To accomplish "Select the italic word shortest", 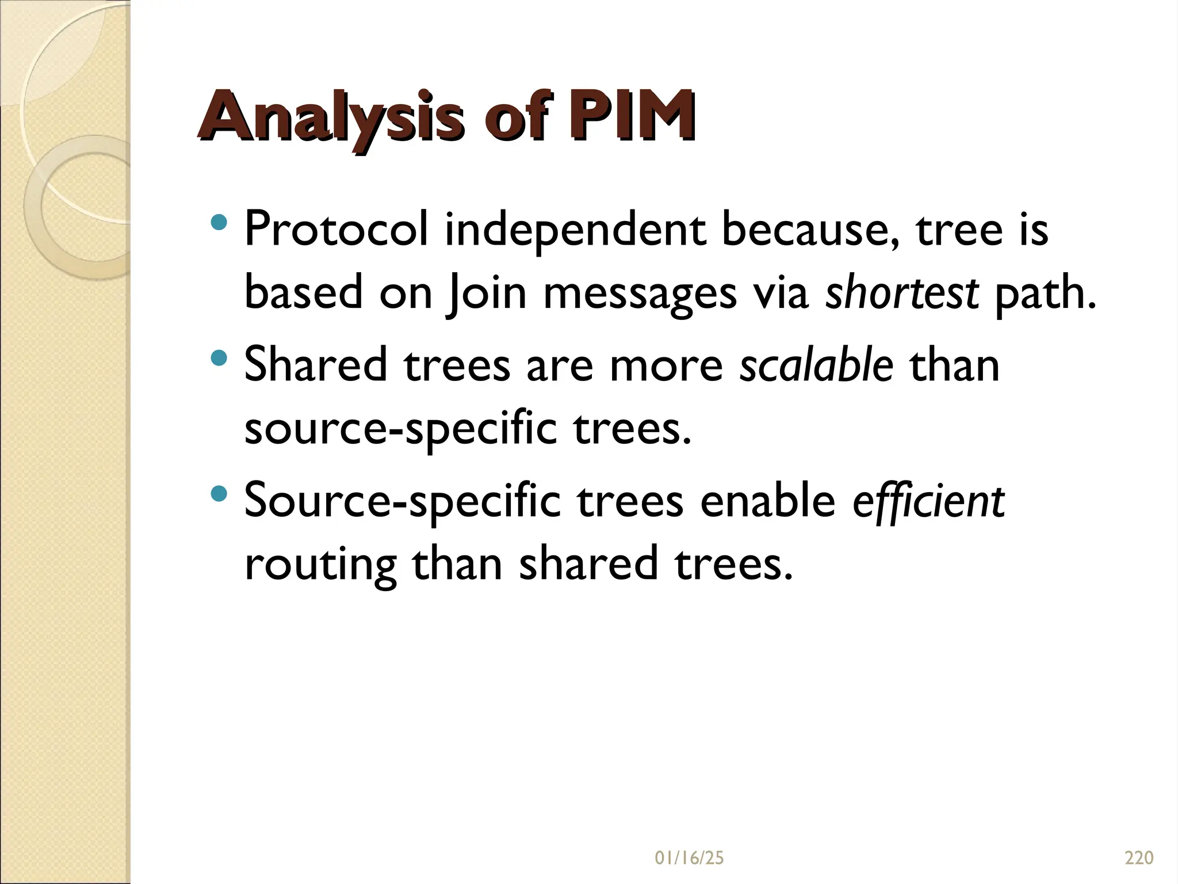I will [x=901, y=292].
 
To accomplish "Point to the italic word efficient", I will [x=928, y=501].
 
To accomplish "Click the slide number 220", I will [x=1138, y=858].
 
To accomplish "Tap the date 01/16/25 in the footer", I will [x=689, y=858].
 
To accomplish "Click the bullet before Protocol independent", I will [x=219, y=223].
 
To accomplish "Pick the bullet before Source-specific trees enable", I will [x=219, y=494].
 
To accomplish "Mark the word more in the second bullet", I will [x=666, y=366].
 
